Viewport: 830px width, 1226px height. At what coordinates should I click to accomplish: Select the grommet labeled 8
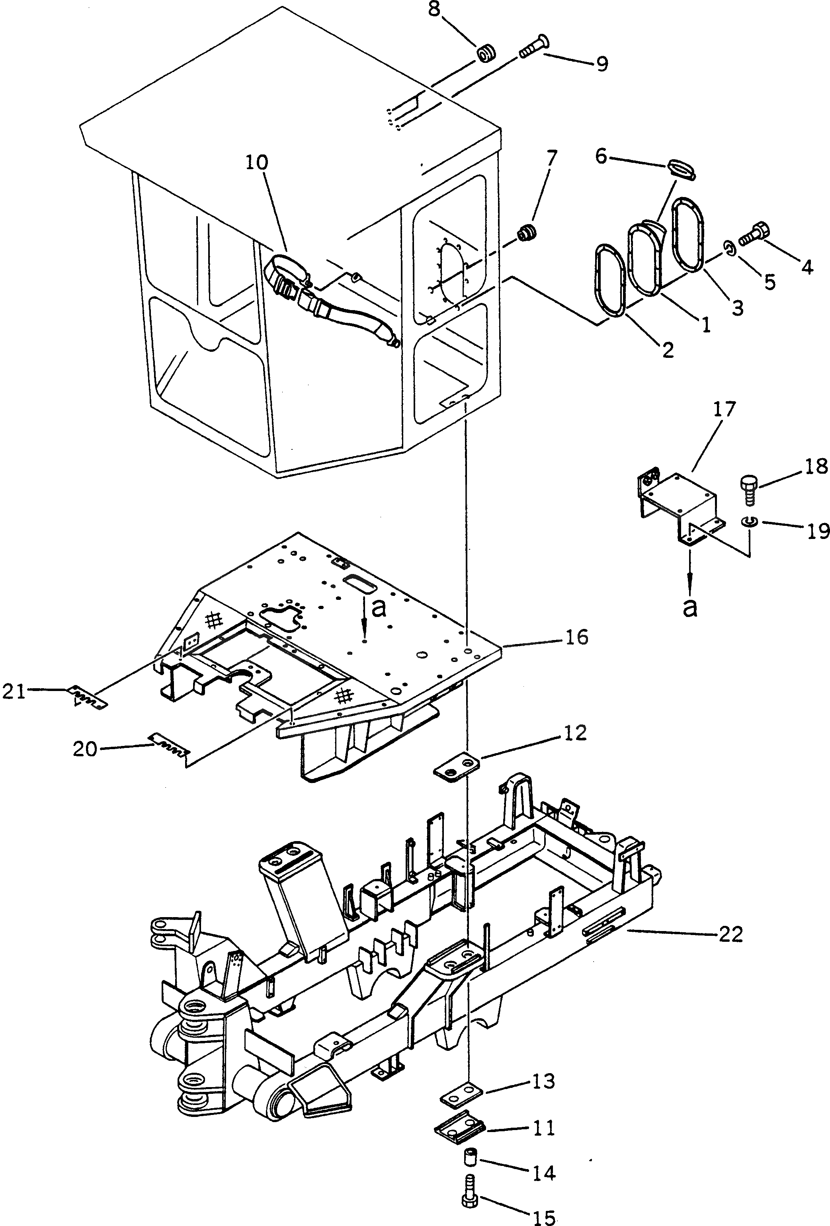pyautogui.click(x=487, y=55)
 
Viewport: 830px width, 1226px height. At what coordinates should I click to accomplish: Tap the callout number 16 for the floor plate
pyautogui.click(x=577, y=637)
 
